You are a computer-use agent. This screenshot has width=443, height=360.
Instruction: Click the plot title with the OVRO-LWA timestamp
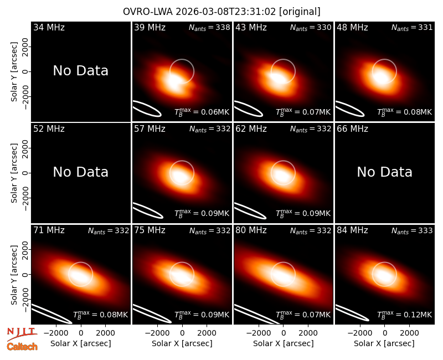(221, 12)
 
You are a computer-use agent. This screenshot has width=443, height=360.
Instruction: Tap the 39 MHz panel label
(150, 27)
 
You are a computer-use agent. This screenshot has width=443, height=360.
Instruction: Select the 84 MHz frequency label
(352, 230)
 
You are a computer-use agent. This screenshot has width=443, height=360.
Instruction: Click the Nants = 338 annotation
(209, 27)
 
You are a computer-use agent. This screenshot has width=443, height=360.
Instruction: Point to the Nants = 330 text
(311, 27)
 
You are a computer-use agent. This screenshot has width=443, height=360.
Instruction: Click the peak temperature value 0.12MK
(405, 314)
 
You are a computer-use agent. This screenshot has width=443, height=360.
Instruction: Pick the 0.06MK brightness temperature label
(202, 112)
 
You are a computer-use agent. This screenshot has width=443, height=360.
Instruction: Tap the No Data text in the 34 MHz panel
(81, 71)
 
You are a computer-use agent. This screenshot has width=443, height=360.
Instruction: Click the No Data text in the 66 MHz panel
(384, 172)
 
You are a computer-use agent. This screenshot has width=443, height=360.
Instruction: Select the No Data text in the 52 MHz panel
(81, 172)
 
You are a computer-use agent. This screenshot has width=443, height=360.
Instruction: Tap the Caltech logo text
(22, 347)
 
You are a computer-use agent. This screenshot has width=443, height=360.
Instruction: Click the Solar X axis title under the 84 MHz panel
(384, 343)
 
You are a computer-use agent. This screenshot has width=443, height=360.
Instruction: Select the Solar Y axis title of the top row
(14, 72)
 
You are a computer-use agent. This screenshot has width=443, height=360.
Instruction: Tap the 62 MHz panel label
(251, 129)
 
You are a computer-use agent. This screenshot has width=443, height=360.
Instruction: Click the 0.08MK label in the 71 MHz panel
(101, 314)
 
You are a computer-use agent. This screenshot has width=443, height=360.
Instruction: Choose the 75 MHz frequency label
(150, 230)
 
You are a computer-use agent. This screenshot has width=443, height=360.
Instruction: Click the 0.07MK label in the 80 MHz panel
(303, 314)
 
